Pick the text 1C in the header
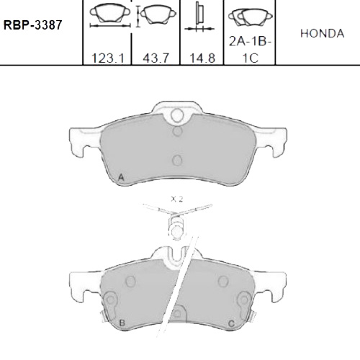click(x=249, y=59)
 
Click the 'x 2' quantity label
click(x=177, y=197)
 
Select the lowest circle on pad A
click(x=178, y=161)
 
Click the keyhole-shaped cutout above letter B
click(x=111, y=300)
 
